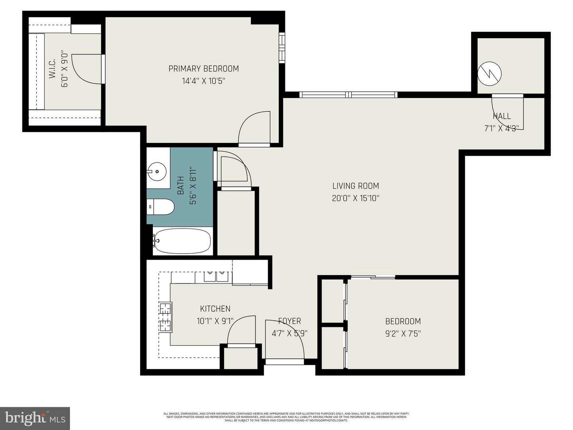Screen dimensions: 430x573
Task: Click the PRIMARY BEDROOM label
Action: click(204, 68)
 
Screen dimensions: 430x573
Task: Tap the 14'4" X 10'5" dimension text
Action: click(204, 81)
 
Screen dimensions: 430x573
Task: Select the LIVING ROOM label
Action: click(355, 186)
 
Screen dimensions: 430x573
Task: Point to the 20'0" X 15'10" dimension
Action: click(355, 198)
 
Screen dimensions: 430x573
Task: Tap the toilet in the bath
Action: click(162, 207)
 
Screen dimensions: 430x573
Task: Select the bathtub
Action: click(182, 241)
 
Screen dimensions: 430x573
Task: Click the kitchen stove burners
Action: click(166, 317)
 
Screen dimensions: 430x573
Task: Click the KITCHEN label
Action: click(215, 309)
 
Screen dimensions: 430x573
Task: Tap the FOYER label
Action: click(289, 321)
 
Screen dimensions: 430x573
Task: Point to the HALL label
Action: click(501, 116)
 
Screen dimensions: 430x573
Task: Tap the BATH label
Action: click(180, 186)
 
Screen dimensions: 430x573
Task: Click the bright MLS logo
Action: click(35, 418)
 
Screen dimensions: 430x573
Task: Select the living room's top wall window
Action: click(348, 94)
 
